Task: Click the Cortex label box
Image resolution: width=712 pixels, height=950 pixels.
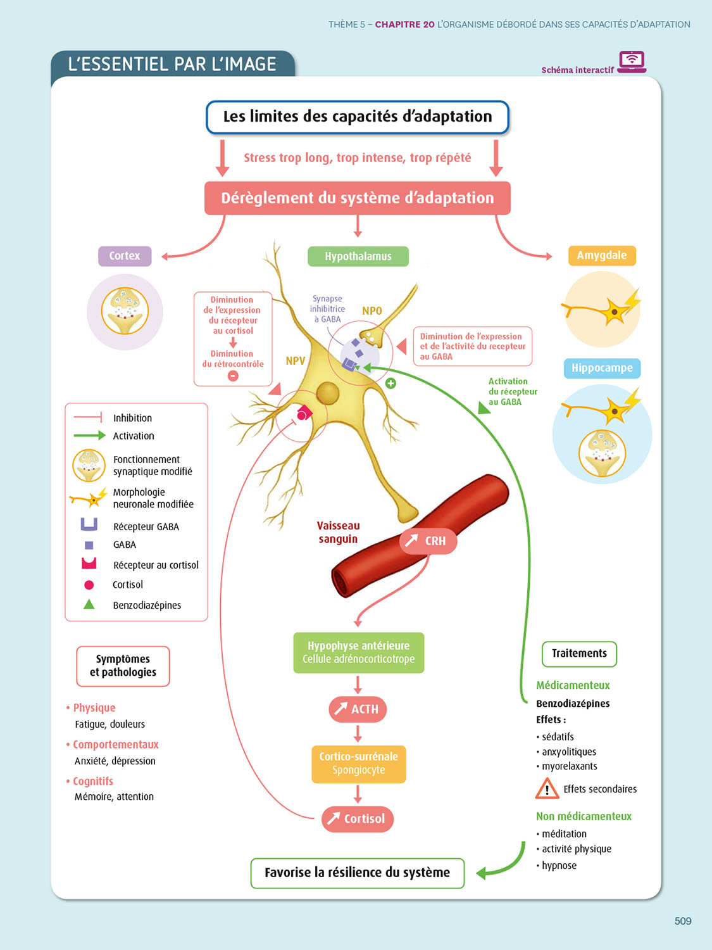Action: (x=125, y=256)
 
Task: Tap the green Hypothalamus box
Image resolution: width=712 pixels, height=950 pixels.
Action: (x=358, y=256)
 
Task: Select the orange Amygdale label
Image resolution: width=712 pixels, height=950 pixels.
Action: (x=601, y=255)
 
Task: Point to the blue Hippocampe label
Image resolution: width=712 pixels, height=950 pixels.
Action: (x=602, y=368)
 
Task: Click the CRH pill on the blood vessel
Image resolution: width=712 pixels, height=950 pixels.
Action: (x=428, y=541)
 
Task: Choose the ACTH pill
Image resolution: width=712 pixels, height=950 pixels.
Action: (x=358, y=709)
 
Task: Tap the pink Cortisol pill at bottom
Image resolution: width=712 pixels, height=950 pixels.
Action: (x=358, y=819)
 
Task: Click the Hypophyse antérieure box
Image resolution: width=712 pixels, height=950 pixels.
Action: (x=358, y=652)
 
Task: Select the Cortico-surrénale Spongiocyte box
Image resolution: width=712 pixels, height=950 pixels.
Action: (x=358, y=763)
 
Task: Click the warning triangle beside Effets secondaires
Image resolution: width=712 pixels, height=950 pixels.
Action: (x=547, y=789)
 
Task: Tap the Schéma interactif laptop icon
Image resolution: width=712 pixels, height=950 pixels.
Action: (x=632, y=62)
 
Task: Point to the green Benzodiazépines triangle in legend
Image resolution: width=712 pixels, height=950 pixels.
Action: (x=89, y=604)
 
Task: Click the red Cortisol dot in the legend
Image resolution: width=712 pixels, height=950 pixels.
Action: (x=89, y=585)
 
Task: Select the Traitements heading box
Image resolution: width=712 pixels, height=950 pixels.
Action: (x=579, y=654)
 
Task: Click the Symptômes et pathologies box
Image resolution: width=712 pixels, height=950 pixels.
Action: (x=123, y=666)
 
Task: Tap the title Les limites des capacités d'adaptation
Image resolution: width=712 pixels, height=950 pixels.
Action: (x=358, y=117)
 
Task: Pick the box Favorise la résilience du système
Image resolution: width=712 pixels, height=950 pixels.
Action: (x=358, y=873)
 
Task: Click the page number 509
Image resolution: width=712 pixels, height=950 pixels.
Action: (x=683, y=921)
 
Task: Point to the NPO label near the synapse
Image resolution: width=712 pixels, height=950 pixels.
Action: (x=372, y=311)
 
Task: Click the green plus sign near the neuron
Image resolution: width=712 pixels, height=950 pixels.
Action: (x=391, y=383)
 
